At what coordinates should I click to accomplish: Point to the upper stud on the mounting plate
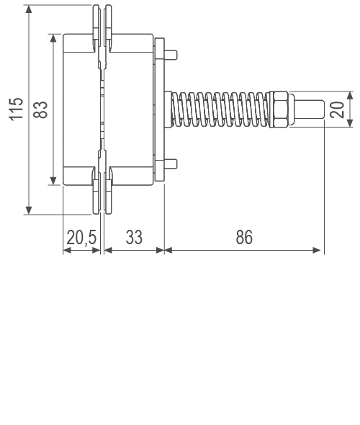tap(174, 54)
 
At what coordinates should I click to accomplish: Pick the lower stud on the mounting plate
tap(174, 162)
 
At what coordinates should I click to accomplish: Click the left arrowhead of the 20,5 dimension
tap(67, 251)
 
